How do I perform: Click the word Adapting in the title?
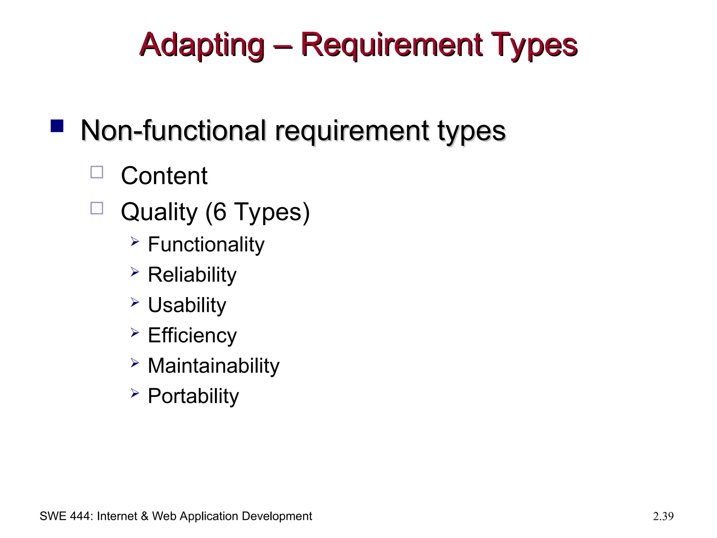[x=202, y=45]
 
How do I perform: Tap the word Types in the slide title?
[x=535, y=45]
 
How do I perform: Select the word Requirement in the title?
[x=391, y=45]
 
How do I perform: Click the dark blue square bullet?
[x=57, y=126]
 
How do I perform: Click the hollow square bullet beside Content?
[x=97, y=172]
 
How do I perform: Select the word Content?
[x=164, y=176]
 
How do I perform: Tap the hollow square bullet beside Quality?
[x=97, y=208]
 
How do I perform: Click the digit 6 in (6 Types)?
[x=219, y=212]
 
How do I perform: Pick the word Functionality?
[x=206, y=244]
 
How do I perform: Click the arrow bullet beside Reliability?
[x=135, y=272]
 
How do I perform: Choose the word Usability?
[x=187, y=305]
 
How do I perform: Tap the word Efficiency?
[x=192, y=336]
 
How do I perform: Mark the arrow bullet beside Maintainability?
[x=135, y=363]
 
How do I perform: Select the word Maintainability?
[x=214, y=366]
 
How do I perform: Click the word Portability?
[x=193, y=396]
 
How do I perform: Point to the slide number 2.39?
[x=663, y=516]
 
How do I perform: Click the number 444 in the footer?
[x=82, y=516]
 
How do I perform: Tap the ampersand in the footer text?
[x=145, y=516]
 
